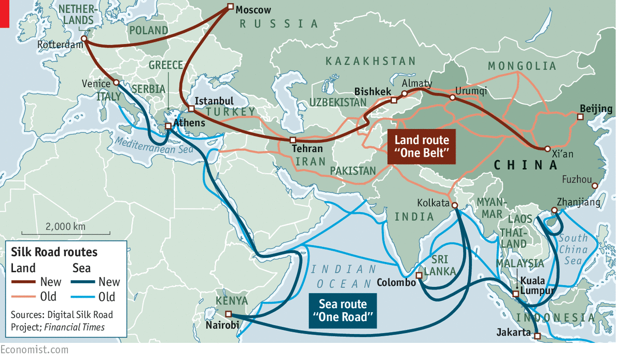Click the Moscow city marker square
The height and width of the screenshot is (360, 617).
tap(230, 7)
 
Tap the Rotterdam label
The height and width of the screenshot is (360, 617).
tap(60, 46)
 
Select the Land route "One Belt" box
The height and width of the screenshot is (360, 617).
tap(422, 147)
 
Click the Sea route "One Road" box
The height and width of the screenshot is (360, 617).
tap(343, 311)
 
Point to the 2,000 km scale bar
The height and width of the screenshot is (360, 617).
tap(65, 232)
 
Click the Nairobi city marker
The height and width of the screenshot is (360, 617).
tap(228, 313)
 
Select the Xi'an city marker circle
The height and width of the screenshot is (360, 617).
tap(548, 149)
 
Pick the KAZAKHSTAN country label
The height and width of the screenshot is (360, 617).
tap(370, 62)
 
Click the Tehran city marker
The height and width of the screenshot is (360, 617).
tap(293, 140)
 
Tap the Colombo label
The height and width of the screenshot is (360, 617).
tap(396, 283)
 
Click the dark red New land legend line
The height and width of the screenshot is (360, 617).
tap(24, 282)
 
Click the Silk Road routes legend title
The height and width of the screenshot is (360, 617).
tap(54, 252)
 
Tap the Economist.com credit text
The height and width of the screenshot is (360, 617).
tap(34, 350)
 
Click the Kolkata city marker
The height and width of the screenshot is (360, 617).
tap(454, 206)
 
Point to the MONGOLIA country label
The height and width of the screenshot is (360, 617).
tap(522, 66)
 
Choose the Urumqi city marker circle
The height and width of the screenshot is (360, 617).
tap(452, 97)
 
